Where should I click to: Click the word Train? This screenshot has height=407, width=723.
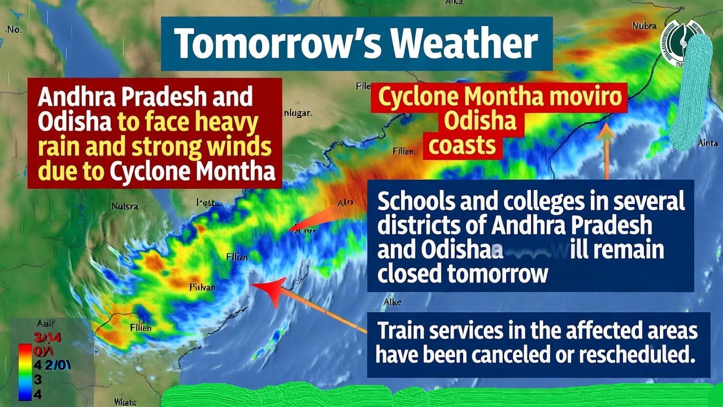point(398,330)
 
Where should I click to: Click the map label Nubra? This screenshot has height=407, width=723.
point(644,26)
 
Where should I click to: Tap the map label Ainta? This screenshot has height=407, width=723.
point(708,144)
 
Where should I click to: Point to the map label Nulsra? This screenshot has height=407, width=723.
point(125,206)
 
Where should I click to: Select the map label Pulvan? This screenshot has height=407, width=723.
point(202,288)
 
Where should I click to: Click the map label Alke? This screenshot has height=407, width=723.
point(392,302)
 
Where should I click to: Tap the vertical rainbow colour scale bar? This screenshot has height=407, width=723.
point(23,371)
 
